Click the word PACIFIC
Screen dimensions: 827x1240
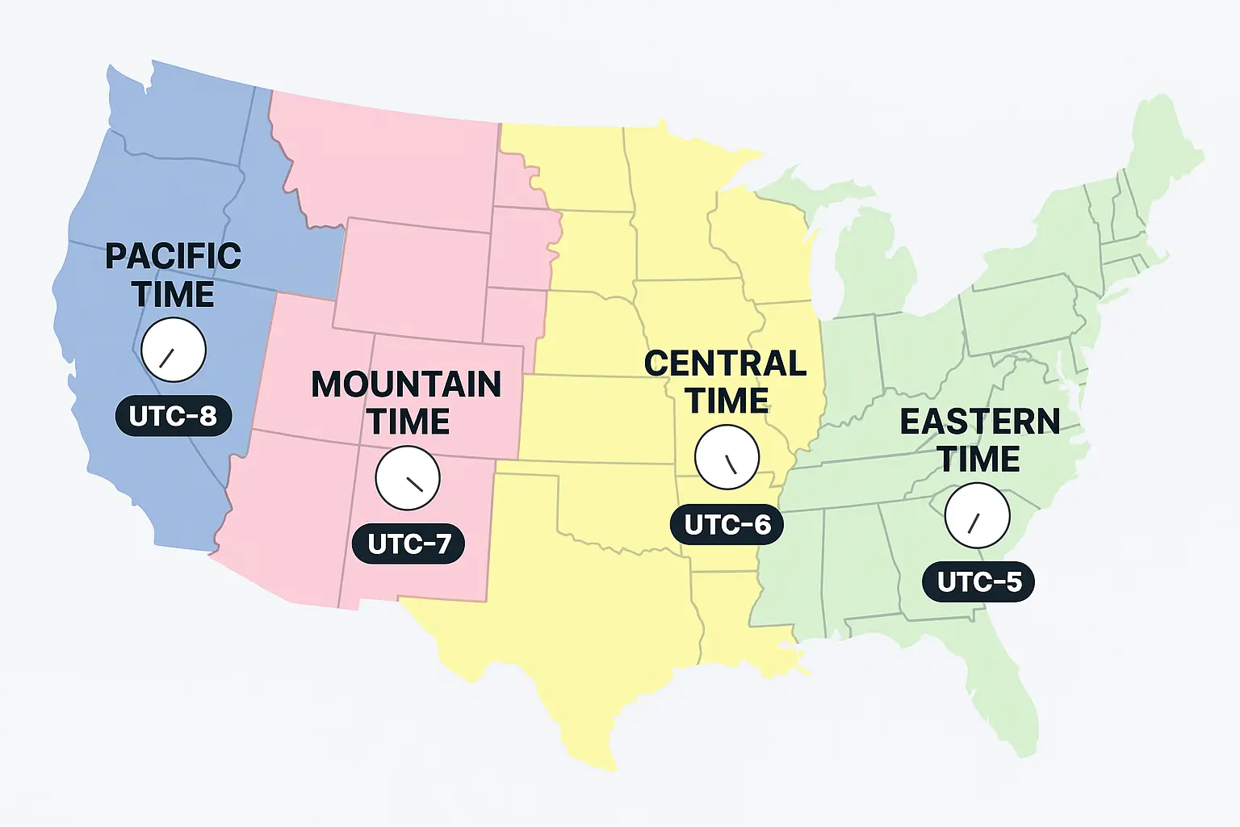pyautogui.click(x=173, y=257)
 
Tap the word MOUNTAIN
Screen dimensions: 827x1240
pyautogui.click(x=406, y=384)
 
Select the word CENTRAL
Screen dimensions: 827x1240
pyautogui.click(x=725, y=363)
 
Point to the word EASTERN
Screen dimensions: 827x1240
pyautogui.click(x=979, y=422)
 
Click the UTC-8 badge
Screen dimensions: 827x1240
pyautogui.click(x=173, y=416)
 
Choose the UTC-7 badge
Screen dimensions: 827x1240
pyautogui.click(x=408, y=544)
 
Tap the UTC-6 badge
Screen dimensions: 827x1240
pyautogui.click(x=727, y=525)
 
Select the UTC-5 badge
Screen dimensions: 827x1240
pyautogui.click(x=978, y=581)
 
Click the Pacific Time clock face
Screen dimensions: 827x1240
pyautogui.click(x=174, y=350)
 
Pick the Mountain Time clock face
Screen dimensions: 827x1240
pyautogui.click(x=408, y=477)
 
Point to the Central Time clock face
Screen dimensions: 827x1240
pyautogui.click(x=727, y=457)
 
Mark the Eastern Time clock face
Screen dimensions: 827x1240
pyautogui.click(x=977, y=515)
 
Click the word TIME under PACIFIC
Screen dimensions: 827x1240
pyautogui.click(x=173, y=295)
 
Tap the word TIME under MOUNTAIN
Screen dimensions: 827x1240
pyautogui.click(x=408, y=422)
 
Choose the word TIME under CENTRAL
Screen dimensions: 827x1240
pyautogui.click(x=727, y=401)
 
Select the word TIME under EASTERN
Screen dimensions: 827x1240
pyautogui.click(x=978, y=459)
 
